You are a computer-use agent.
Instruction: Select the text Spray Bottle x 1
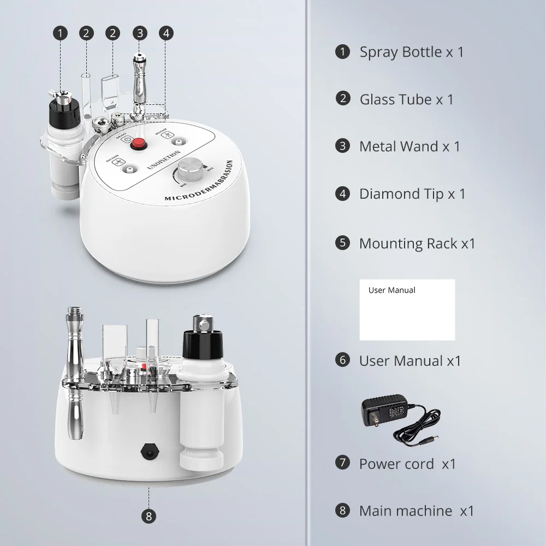411,52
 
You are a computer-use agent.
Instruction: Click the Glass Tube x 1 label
406,99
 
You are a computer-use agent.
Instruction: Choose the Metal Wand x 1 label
410,146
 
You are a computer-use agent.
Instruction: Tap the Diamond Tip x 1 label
412,194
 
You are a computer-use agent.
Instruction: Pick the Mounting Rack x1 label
417,244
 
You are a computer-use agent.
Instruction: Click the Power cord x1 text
407,464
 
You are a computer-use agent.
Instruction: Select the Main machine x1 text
416,511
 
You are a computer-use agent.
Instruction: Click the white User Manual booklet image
407,310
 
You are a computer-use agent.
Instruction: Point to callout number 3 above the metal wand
140,33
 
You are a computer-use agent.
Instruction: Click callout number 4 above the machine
166,33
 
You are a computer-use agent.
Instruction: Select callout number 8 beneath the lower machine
149,515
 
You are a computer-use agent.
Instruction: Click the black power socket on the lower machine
148,450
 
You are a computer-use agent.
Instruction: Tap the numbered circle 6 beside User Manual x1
343,360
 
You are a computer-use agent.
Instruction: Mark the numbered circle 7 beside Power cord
343,463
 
